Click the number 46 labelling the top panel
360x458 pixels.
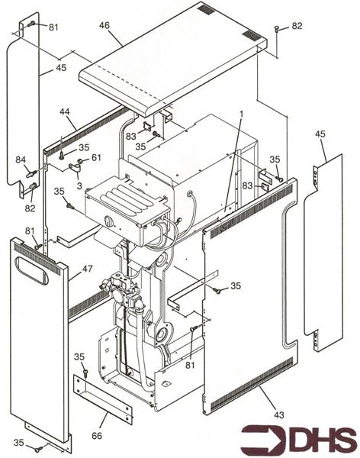coord(104,26)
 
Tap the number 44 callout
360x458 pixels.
coord(65,111)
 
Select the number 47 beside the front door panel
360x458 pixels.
coord(87,269)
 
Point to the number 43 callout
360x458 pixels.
coord(279,414)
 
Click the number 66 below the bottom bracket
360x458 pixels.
coord(97,436)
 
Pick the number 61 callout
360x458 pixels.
coord(96,157)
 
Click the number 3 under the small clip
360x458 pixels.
coord(79,185)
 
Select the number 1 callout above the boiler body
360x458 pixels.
coord(241,114)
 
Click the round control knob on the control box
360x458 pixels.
coord(109,221)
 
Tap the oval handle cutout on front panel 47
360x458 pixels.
coord(32,270)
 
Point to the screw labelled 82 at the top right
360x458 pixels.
coord(277,30)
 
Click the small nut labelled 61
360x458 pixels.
coord(79,161)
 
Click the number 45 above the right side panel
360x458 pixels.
coord(320,134)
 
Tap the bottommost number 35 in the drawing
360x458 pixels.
coord(19,443)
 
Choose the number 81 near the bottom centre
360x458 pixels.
coord(191,365)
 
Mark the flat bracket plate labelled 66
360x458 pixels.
coord(102,399)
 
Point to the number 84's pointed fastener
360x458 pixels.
coord(31,173)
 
